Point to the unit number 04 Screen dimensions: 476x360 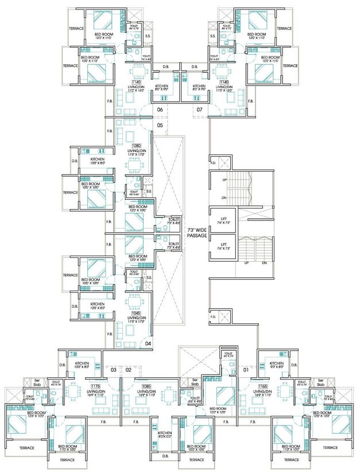point(148,343)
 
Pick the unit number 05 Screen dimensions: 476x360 point(160,125)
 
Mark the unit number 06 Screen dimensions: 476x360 point(160,109)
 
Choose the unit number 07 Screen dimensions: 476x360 point(200,109)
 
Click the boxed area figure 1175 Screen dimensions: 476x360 point(95,387)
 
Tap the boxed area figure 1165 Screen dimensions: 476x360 point(264,387)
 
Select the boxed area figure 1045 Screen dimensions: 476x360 point(136,313)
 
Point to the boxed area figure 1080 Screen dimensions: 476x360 point(136,146)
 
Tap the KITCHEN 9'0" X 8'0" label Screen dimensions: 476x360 point(276,366)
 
